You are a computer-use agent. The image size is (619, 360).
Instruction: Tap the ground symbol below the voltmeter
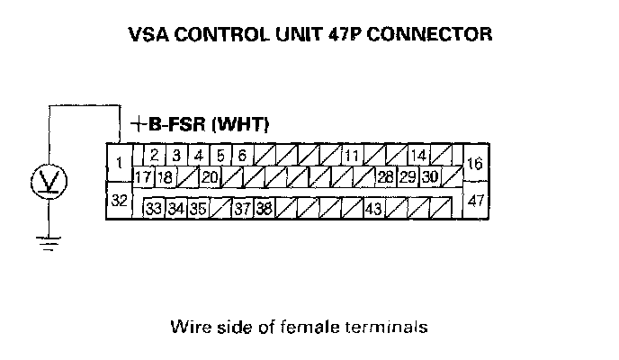47,240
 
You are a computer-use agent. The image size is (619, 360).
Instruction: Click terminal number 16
476,164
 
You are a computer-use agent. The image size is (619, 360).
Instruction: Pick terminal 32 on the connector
119,200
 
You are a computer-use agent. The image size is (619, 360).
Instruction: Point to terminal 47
476,200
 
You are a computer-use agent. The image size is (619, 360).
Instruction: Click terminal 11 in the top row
351,155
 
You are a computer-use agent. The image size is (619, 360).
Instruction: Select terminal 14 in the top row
417,155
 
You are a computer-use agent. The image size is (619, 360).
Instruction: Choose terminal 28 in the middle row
385,176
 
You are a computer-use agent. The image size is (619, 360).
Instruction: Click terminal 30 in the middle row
430,176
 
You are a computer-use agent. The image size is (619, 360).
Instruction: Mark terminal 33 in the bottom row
154,209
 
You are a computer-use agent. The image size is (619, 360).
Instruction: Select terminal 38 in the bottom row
264,209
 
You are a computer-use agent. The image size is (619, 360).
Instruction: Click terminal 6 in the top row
242,155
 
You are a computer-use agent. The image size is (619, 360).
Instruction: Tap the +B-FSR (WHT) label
200,123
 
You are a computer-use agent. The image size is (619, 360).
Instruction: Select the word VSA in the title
149,36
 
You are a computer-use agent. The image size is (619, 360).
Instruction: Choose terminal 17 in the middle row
142,176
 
